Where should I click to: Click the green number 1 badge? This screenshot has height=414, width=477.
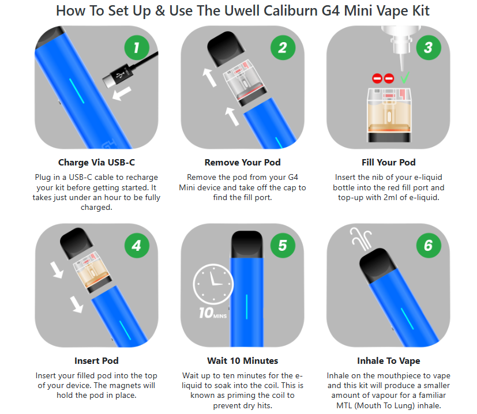[137, 47]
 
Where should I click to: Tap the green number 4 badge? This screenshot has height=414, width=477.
[137, 246]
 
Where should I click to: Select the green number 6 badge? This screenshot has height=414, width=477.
[429, 246]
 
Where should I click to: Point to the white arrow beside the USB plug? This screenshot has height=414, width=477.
[122, 93]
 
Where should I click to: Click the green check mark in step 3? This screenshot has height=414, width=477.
[405, 78]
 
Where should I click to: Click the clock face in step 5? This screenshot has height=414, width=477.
[213, 284]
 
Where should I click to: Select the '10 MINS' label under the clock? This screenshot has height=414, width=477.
[213, 313]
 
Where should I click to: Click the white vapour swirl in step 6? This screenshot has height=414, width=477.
[362, 239]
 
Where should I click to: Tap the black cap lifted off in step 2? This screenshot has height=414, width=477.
[226, 48]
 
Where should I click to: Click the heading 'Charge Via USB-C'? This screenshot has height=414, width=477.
[96, 163]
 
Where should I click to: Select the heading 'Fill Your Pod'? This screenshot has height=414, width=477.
[389, 163]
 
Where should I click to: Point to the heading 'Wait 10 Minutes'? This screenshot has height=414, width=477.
[242, 361]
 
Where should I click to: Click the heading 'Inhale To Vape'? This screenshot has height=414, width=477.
[389, 361]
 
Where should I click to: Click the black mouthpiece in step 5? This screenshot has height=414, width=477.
[247, 244]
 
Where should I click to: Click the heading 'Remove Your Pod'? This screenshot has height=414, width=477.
[242, 163]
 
